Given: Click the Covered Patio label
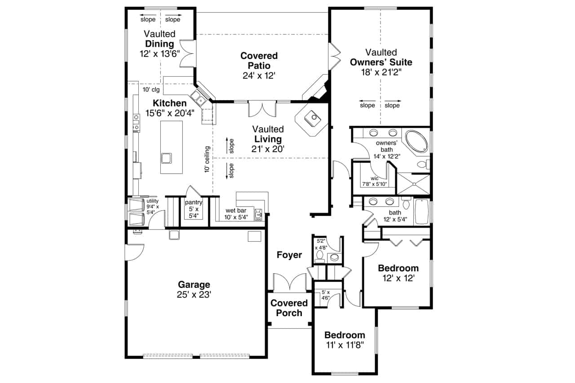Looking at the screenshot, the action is point(259,61).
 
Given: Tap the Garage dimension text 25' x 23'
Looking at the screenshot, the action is point(194,295).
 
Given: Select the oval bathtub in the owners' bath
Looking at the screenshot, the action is point(416,142).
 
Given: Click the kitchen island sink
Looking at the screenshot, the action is point(166,158).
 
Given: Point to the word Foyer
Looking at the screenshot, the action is point(289,255).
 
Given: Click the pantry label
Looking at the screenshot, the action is point(194,203).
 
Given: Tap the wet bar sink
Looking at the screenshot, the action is point(258,215).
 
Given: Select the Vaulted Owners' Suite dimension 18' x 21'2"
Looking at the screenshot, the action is point(381,72).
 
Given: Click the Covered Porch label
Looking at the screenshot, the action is point(289,308).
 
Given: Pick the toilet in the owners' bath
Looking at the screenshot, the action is point(423,164).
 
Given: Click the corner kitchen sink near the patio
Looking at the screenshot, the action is point(198,98).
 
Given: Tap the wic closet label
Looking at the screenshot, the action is point(375,178).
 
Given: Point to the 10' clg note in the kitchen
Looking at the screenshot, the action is point(151,89).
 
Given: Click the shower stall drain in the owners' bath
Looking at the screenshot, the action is point(414,184).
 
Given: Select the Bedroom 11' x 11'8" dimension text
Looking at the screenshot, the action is point(345,345).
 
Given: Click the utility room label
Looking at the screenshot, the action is point(152,201).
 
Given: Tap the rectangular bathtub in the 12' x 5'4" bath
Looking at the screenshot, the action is point(422,211).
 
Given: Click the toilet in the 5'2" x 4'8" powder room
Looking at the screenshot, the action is point(319,256).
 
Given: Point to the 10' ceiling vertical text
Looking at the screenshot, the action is point(207,159).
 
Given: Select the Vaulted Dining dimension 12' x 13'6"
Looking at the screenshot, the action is point(159,54).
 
